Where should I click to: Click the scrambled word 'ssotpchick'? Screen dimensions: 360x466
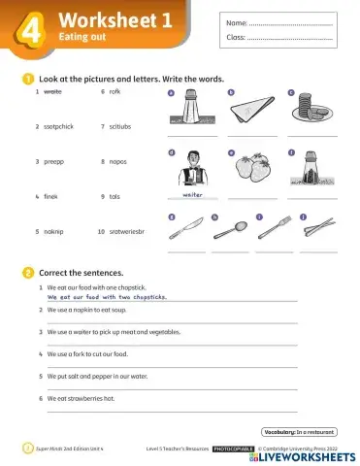click(60, 126)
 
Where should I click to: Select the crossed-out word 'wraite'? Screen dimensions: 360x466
click(52, 91)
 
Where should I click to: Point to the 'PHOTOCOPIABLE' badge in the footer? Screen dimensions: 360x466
click(233, 449)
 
